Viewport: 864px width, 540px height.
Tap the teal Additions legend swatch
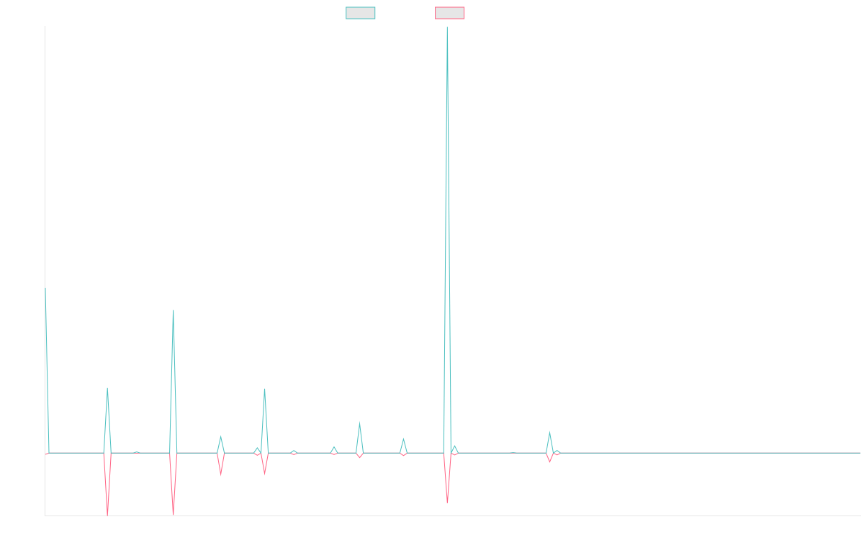tap(361, 13)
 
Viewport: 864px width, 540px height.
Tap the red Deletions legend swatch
tap(449, 13)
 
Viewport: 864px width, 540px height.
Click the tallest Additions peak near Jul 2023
tap(447, 29)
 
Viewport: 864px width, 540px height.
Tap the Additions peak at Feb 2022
tap(174, 310)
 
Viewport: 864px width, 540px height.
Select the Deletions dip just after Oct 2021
tap(107, 513)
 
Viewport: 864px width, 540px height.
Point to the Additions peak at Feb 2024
tap(549, 433)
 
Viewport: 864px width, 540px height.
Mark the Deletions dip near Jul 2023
tap(447, 502)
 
